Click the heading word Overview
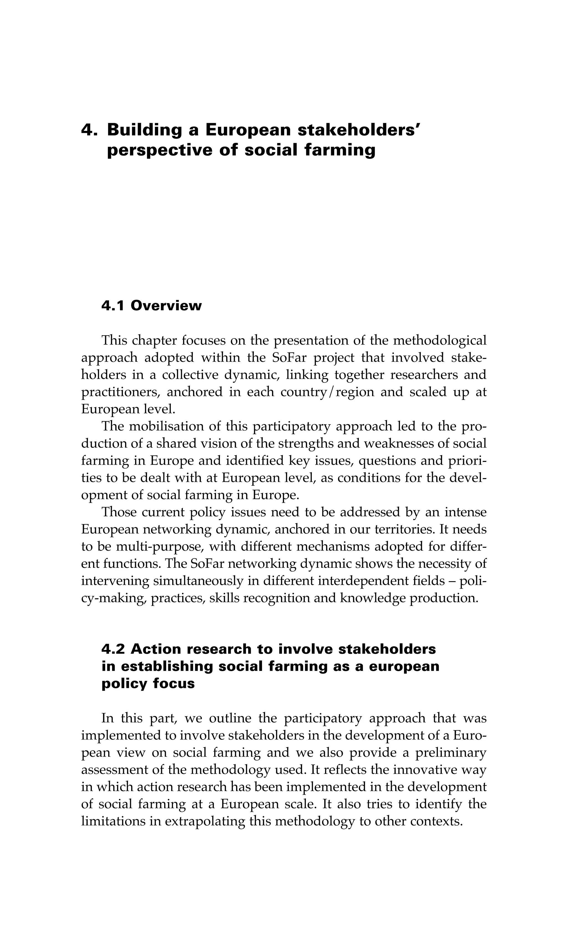tap(166, 306)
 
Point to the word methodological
tap(440, 341)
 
